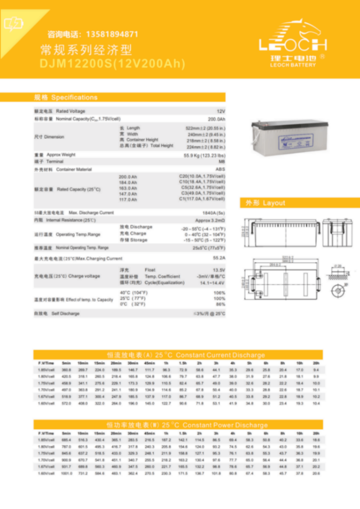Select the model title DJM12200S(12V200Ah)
112,64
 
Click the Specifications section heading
66,98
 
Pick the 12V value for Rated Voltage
221,111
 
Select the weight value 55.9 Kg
204,155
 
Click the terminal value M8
222,162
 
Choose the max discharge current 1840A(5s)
213,213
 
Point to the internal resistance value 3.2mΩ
210,220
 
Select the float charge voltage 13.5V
219,270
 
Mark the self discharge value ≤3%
209,314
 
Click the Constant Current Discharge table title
186,355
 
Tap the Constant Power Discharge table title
187,425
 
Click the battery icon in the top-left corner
12,24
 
